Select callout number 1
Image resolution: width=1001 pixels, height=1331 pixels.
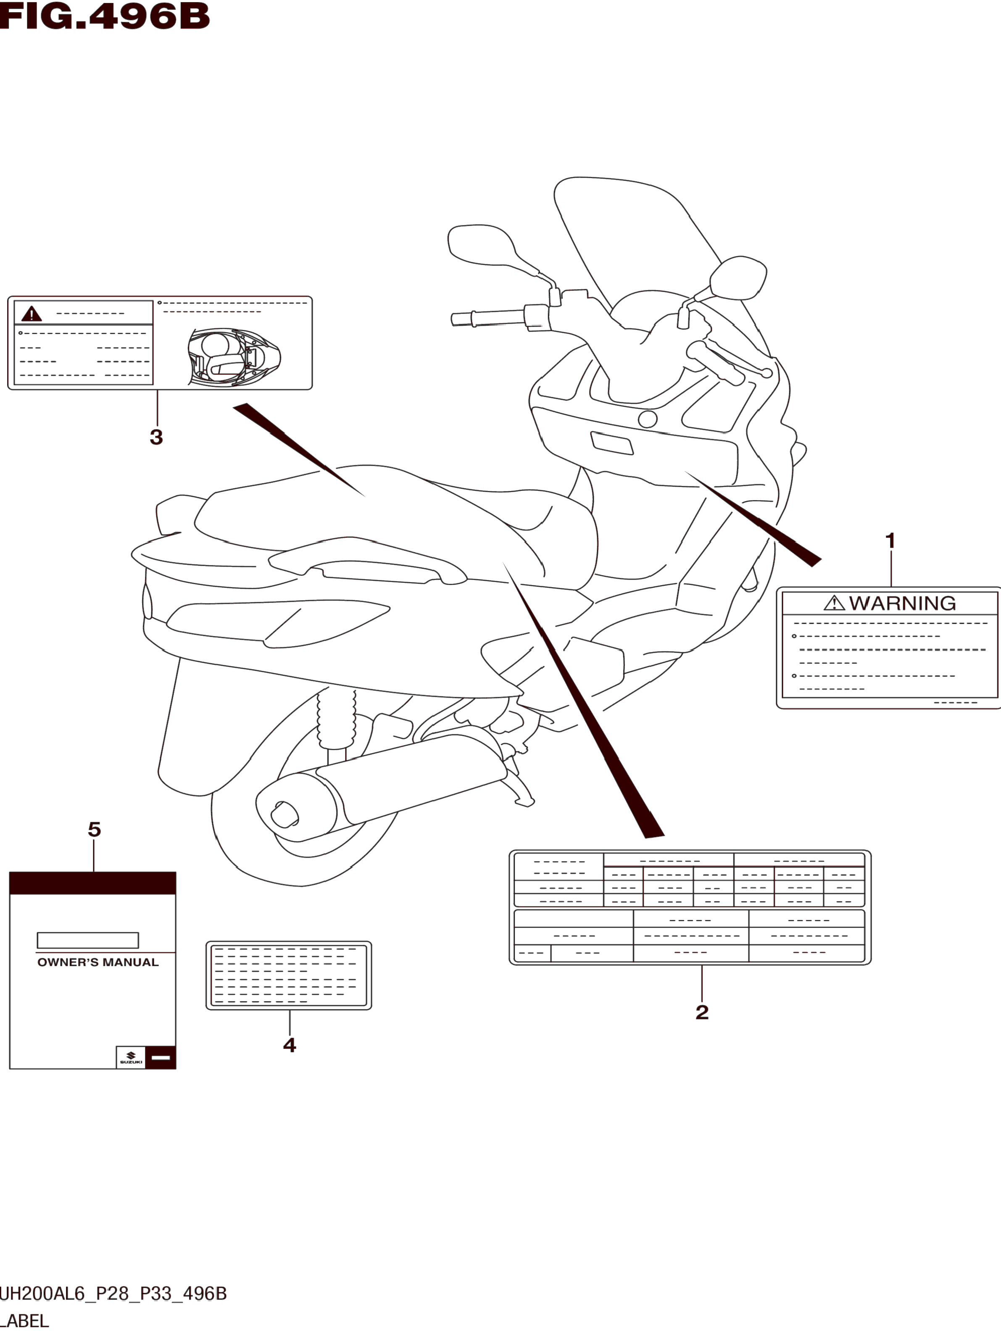click(890, 541)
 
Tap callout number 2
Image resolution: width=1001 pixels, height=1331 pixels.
click(701, 1012)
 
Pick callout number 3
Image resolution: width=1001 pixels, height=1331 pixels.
click(156, 437)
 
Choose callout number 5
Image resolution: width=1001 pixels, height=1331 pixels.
click(95, 830)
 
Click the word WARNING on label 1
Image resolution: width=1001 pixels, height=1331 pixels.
click(902, 603)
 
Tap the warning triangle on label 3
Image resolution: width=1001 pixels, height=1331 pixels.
click(31, 314)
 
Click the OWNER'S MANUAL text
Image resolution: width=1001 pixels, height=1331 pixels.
click(98, 962)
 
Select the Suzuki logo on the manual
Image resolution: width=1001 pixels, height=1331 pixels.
click(131, 1058)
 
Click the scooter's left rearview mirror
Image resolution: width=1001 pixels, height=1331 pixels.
click(481, 244)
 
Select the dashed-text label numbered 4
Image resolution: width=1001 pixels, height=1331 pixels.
click(289, 975)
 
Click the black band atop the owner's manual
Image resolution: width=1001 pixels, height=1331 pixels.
click(92, 883)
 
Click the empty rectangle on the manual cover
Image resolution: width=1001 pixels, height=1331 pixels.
click(88, 940)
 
